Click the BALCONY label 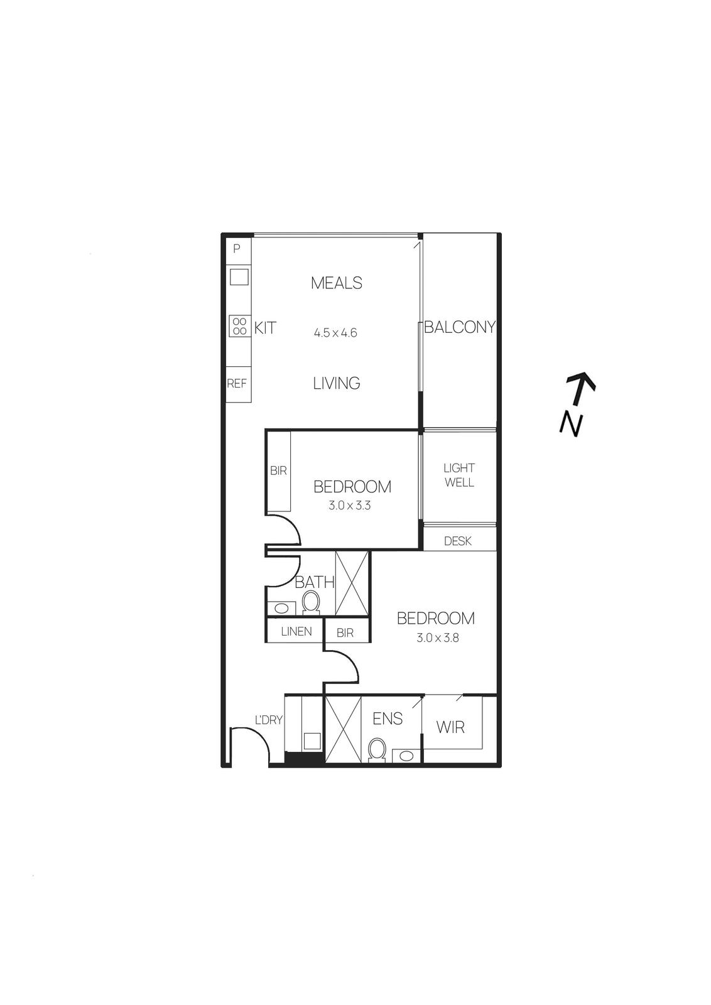(x=460, y=327)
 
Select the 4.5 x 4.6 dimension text (x=335, y=333)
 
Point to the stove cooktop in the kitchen (x=239, y=325)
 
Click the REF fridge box (x=237, y=383)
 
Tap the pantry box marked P (x=237, y=249)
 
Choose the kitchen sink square (x=239, y=276)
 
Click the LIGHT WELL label (x=459, y=475)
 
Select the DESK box (x=458, y=541)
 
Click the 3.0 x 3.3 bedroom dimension (x=349, y=505)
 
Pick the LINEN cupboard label (x=296, y=631)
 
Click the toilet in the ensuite (x=377, y=749)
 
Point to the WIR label (x=450, y=727)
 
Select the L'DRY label (x=268, y=720)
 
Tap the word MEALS (x=337, y=283)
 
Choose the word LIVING (x=337, y=383)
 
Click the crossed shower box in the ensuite (x=344, y=729)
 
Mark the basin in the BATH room (x=281, y=608)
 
